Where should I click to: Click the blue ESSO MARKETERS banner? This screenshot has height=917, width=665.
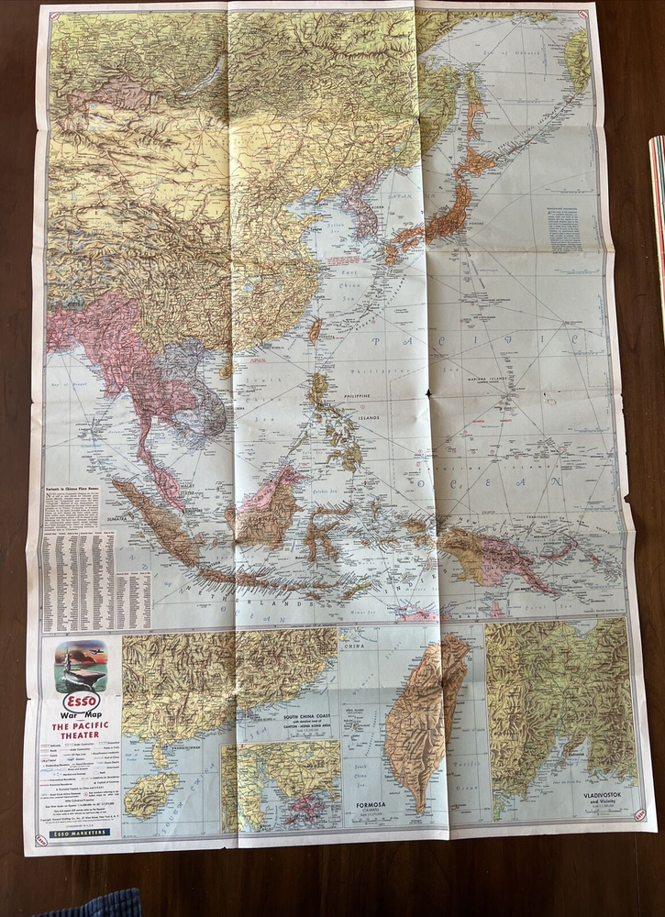(79, 832)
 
